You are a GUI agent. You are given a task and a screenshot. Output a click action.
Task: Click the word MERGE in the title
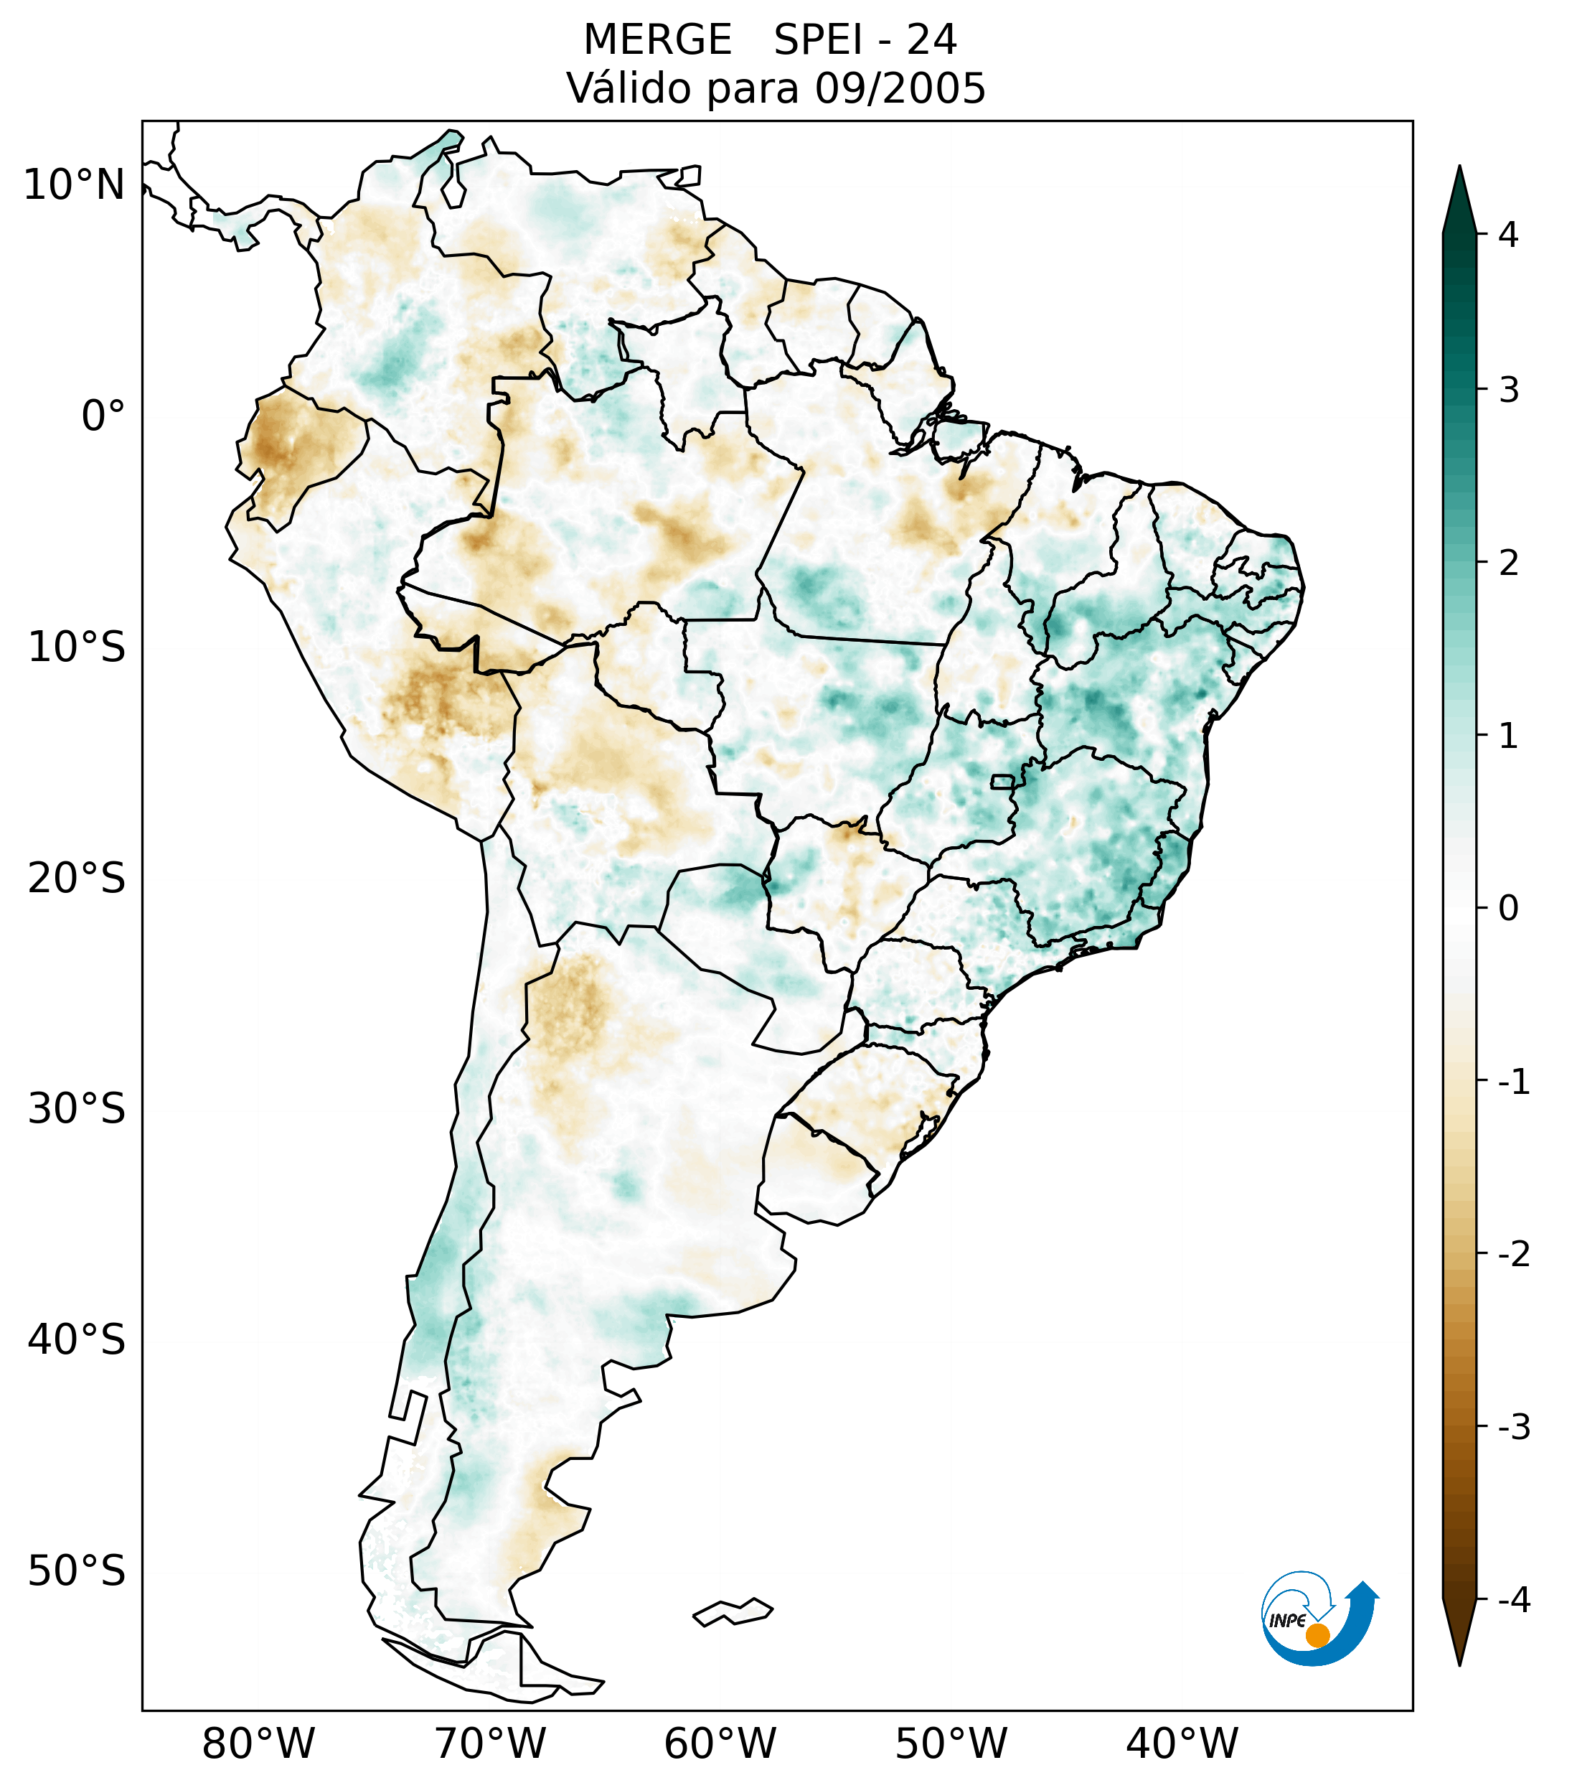656,40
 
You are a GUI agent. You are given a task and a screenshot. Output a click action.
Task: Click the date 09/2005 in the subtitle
900,88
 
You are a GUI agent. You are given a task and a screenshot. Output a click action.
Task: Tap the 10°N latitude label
75,185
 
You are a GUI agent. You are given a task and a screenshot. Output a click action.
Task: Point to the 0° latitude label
103,416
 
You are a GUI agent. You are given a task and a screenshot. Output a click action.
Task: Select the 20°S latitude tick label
77,879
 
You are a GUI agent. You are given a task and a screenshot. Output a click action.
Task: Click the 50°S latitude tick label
77,1572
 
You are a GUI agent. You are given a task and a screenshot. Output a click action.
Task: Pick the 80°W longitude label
259,1744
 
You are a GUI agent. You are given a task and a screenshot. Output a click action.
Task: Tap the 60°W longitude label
720,1744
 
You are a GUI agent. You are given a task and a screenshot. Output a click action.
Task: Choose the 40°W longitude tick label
1182,1744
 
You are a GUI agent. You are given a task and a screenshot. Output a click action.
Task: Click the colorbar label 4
1508,235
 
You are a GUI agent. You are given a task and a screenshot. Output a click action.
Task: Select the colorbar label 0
1508,909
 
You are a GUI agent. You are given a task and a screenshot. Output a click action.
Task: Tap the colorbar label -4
1513,1601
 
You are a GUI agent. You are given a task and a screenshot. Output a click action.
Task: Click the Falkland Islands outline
733,1611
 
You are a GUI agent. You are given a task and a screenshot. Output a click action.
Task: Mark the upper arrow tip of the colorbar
1459,169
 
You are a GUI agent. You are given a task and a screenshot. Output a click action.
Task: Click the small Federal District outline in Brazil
1003,781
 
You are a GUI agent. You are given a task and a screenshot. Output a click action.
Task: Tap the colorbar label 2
1508,563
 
